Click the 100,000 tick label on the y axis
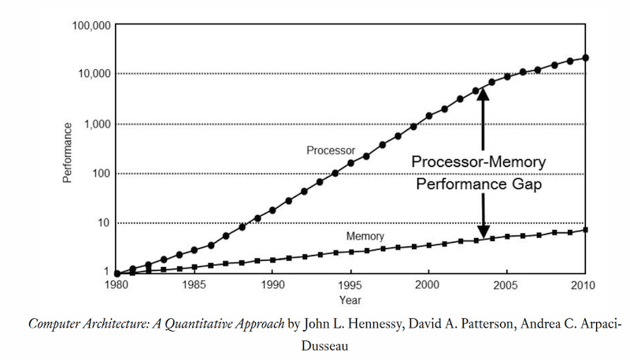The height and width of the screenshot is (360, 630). (89, 25)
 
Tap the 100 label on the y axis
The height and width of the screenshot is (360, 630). (99, 173)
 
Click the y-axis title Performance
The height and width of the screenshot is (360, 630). (69, 152)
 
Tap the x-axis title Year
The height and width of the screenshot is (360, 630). (350, 299)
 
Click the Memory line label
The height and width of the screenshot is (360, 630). (365, 236)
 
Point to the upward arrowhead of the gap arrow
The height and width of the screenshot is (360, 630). (483, 94)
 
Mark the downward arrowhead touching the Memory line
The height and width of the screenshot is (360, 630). (483, 231)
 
